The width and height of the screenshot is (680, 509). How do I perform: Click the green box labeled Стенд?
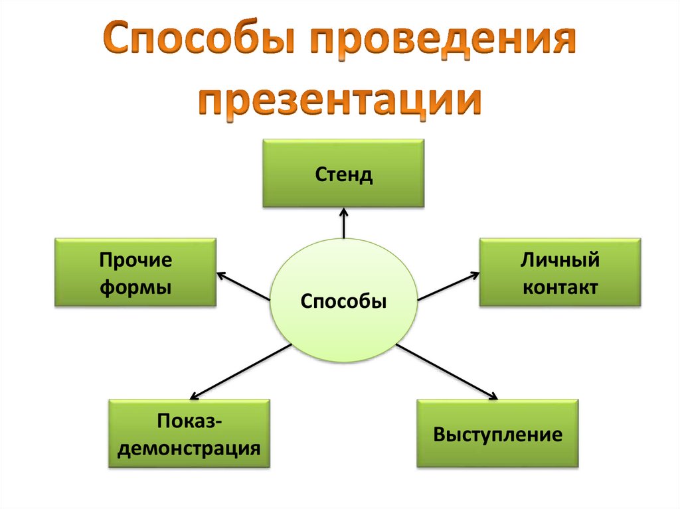[343, 174]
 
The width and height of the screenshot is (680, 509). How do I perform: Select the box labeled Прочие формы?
[135, 272]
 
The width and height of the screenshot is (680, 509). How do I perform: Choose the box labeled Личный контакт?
[560, 272]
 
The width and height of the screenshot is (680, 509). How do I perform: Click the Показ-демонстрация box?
[189, 433]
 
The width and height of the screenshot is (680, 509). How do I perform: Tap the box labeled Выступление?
[497, 433]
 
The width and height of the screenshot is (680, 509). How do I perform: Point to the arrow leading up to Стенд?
[344, 224]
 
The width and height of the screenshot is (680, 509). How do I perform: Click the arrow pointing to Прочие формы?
[243, 285]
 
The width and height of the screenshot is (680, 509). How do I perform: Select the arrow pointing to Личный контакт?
[448, 286]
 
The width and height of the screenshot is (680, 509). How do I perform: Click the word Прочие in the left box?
[135, 260]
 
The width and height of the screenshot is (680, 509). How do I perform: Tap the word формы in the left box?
[135, 287]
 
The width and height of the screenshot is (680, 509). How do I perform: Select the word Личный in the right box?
[560, 259]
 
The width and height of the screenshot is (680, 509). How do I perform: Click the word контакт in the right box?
[560, 287]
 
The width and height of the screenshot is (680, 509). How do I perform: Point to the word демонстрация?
[189, 448]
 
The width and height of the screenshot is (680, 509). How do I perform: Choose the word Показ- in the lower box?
[189, 421]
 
